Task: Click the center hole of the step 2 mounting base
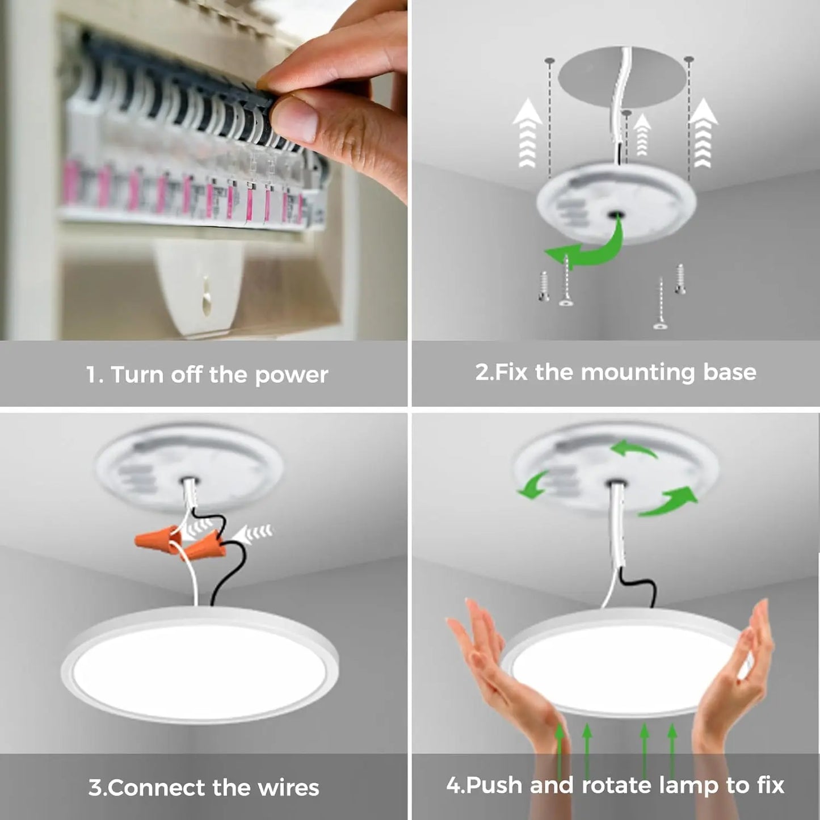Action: (615, 215)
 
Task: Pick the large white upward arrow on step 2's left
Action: (527, 133)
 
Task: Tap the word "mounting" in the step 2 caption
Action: (638, 373)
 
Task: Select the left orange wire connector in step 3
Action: (156, 537)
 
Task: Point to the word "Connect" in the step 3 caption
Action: (156, 788)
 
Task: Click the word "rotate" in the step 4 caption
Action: (617, 785)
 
